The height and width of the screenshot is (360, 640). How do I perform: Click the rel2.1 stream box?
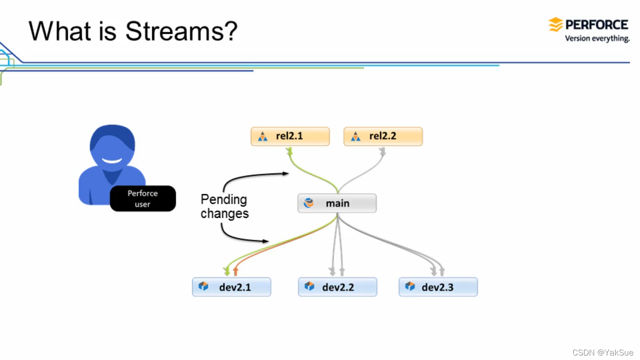click(x=290, y=136)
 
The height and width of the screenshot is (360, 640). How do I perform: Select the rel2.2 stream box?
click(x=383, y=136)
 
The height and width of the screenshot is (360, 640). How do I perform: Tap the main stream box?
click(x=337, y=204)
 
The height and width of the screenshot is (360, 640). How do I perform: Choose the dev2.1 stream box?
click(x=232, y=287)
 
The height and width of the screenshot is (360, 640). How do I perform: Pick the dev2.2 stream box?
click(x=337, y=287)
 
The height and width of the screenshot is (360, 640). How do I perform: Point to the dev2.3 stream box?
click(x=438, y=287)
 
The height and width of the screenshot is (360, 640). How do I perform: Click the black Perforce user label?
click(x=143, y=199)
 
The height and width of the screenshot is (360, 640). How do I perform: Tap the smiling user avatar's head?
click(x=112, y=147)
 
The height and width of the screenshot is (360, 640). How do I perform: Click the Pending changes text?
click(x=224, y=206)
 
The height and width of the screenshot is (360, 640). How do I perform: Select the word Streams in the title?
click(x=181, y=31)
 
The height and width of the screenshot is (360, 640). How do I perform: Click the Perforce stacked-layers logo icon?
click(x=556, y=25)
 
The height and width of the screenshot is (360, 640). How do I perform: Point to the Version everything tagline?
click(x=597, y=39)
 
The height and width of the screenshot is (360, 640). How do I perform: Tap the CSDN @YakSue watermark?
click(x=603, y=352)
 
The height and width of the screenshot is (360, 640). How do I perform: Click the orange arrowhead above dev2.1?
click(x=236, y=271)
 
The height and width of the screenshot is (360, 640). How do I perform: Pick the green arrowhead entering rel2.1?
click(x=290, y=152)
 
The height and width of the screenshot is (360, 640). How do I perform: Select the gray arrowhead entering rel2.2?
click(x=383, y=152)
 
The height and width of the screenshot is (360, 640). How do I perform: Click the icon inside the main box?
click(x=308, y=204)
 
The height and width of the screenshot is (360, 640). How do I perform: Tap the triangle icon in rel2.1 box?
click(x=263, y=136)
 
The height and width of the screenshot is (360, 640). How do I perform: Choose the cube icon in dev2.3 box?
click(x=410, y=286)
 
